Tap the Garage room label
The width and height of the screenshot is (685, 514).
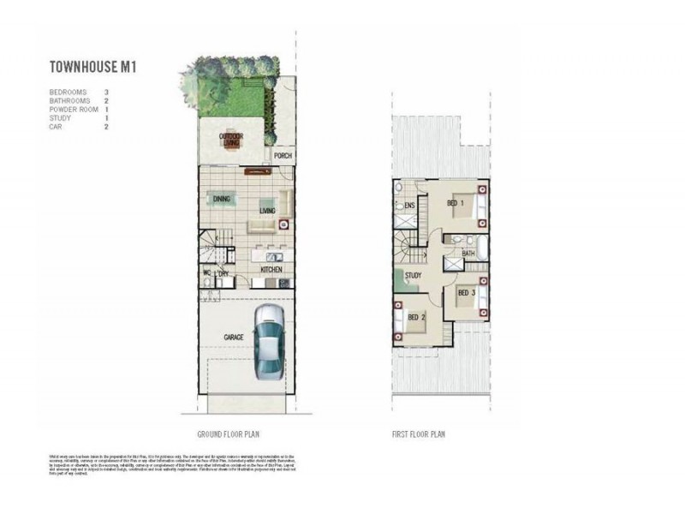coord(233,338)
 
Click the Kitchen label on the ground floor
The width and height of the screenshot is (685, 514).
coord(271,270)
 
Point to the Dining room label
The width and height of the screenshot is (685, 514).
coord(222,199)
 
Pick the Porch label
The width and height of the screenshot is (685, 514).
coord(283,156)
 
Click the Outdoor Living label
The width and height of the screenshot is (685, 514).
coord(229,140)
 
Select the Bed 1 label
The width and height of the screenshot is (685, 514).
coord(455,203)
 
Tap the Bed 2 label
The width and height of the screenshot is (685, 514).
coord(417,318)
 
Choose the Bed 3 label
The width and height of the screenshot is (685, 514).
coord(466,293)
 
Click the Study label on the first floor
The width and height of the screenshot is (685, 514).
coord(414,275)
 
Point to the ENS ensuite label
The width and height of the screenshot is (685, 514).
coord(409,206)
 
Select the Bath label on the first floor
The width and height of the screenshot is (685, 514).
coord(468,254)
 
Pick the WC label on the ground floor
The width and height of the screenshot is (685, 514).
coord(206,273)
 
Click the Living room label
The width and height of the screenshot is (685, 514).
coord(267,209)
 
